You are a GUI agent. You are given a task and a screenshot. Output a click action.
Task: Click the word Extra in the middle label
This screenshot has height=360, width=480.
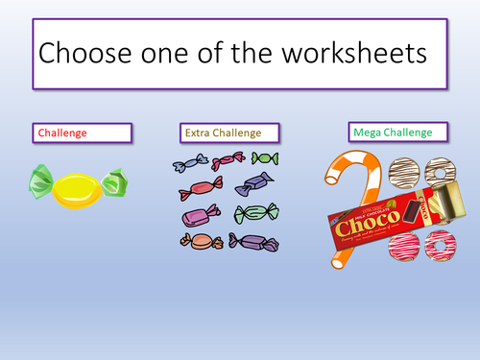click(x=200, y=132)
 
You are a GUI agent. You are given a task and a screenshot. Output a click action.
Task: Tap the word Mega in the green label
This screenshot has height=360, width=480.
click(x=367, y=131)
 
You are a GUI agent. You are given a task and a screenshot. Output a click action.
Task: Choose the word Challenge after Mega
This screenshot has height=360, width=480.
click(x=409, y=131)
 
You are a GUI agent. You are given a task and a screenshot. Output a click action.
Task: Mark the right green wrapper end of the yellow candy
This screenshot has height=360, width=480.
click(x=114, y=180)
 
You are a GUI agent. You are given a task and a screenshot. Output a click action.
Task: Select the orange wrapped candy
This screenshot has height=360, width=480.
click(x=199, y=241)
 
